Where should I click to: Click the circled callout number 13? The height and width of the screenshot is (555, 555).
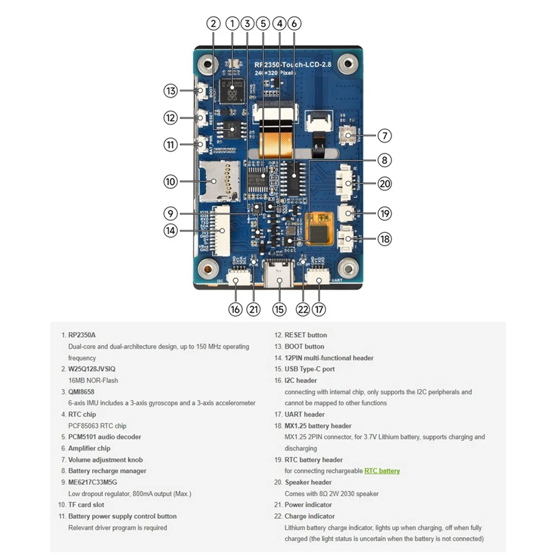(171, 91)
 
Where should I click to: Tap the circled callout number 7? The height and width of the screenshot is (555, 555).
(384, 136)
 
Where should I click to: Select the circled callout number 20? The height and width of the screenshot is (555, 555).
(384, 184)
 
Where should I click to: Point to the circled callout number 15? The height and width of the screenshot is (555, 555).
(279, 309)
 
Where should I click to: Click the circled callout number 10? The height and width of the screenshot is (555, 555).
(171, 181)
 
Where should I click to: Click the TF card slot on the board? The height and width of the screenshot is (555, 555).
(218, 181)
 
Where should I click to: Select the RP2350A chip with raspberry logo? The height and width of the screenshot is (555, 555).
(232, 90)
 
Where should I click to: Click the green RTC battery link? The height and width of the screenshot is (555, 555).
(382, 471)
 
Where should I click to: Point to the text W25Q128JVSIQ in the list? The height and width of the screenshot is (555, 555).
(92, 369)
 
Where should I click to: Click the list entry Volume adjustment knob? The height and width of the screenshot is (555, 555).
(105, 460)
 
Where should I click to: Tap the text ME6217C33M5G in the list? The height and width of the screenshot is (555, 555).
(92, 482)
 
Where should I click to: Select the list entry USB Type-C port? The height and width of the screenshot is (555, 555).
(309, 369)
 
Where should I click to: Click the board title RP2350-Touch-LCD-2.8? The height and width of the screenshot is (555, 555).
(293, 65)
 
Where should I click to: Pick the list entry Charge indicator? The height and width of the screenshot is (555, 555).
(309, 516)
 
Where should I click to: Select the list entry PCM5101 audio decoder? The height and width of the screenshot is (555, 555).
(105, 437)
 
